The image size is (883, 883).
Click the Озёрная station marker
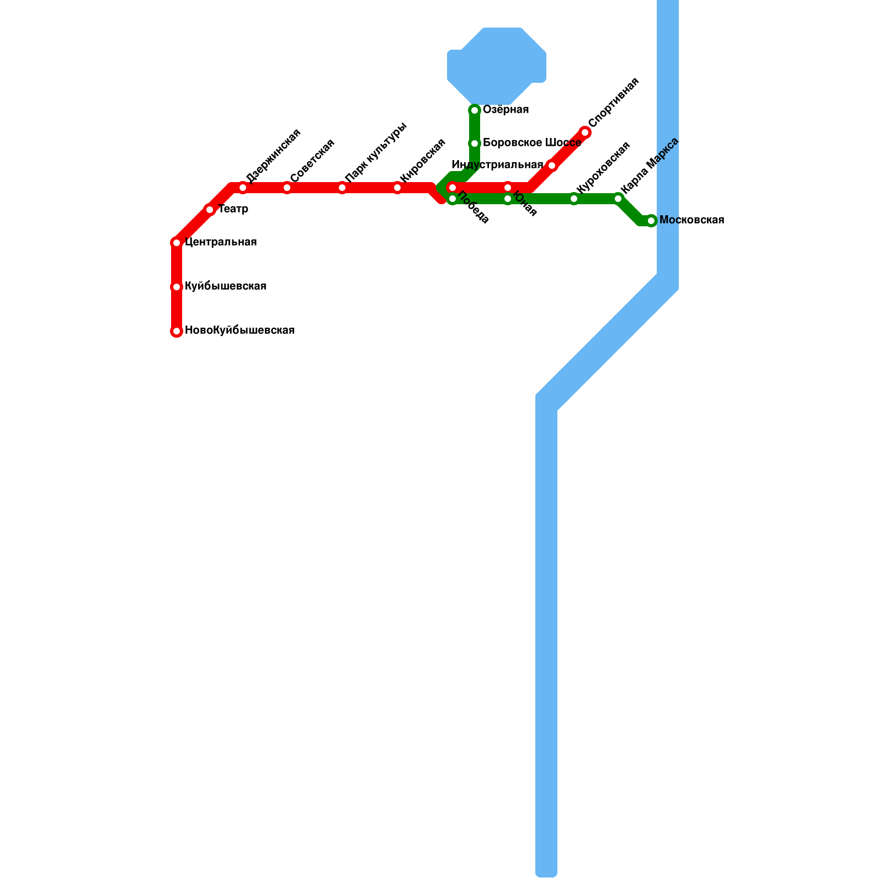[x=475, y=110]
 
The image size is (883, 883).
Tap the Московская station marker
[x=651, y=221]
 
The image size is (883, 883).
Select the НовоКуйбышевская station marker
[x=177, y=331]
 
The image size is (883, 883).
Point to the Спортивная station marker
[x=585, y=132]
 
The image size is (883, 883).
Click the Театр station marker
[x=210, y=210]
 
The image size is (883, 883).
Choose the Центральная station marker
[x=177, y=243]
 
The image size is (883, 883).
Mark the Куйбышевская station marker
[x=177, y=287]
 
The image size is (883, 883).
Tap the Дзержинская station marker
[x=243, y=188]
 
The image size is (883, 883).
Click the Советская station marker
[x=287, y=188]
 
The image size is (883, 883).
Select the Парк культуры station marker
[x=342, y=188]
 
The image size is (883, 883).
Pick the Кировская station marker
[x=397, y=188]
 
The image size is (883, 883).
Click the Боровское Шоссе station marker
[x=475, y=143]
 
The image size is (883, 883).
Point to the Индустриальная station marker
[x=552, y=166]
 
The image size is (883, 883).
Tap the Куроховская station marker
[x=574, y=199]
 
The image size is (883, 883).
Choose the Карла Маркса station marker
[x=618, y=199]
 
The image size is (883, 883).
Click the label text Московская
[x=691, y=220]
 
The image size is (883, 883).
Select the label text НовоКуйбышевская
[x=240, y=331]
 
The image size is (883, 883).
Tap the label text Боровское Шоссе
[x=531, y=143]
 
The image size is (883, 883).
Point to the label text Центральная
[x=221, y=242]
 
